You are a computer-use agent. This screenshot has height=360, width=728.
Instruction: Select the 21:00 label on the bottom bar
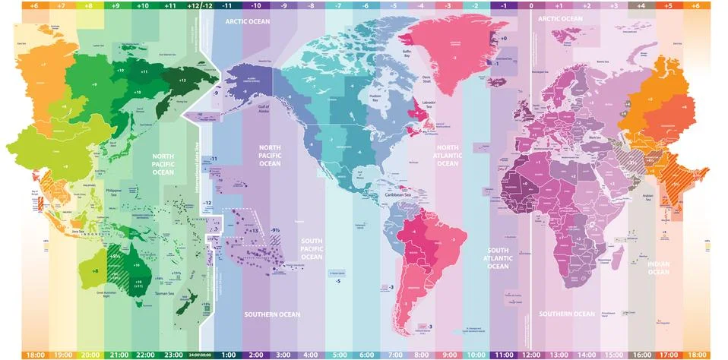(x=118, y=355)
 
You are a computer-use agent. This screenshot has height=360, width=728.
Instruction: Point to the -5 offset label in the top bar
(x=394, y=5)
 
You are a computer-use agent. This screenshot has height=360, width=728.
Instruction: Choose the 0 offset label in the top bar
(x=530, y=5)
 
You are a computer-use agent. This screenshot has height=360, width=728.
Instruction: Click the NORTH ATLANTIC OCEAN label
(x=448, y=155)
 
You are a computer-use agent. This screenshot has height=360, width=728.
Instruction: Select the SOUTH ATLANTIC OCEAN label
(x=498, y=258)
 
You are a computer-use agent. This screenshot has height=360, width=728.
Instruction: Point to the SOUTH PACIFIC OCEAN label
(x=312, y=249)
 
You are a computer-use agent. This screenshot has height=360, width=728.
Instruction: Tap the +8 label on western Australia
(x=95, y=270)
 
